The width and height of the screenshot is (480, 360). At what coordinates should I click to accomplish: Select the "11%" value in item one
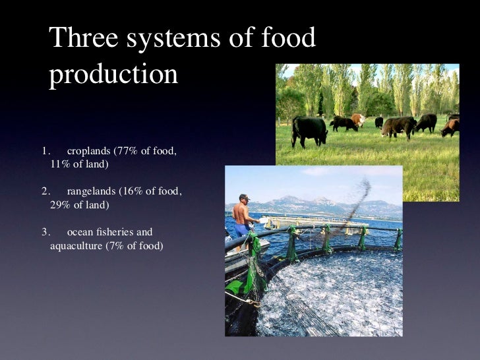61,164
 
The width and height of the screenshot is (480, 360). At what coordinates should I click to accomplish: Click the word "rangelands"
92,192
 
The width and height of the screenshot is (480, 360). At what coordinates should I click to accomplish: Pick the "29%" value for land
61,204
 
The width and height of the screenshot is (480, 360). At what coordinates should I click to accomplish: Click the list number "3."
45,232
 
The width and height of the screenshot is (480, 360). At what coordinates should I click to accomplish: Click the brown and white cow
358,119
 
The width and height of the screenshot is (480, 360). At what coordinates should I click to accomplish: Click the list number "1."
45,152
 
